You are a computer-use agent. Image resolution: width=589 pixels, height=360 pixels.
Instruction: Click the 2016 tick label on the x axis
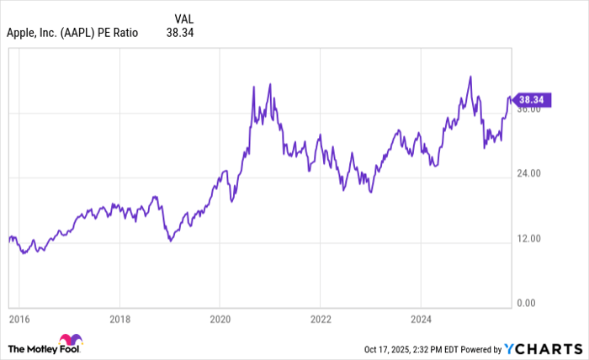coord(20,320)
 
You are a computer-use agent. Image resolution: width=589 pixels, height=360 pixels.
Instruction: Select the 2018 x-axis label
coord(120,320)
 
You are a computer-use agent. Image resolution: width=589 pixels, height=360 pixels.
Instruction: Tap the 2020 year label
coord(220,320)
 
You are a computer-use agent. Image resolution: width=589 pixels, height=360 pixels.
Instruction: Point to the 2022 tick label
coord(320,320)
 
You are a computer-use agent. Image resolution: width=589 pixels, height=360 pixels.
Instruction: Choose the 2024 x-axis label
coord(420,320)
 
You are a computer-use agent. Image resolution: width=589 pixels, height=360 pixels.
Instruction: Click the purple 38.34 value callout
coord(533,99)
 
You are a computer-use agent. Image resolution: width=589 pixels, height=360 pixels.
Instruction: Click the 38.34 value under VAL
coord(183,33)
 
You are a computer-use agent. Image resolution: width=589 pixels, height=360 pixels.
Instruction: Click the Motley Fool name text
coord(33,348)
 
